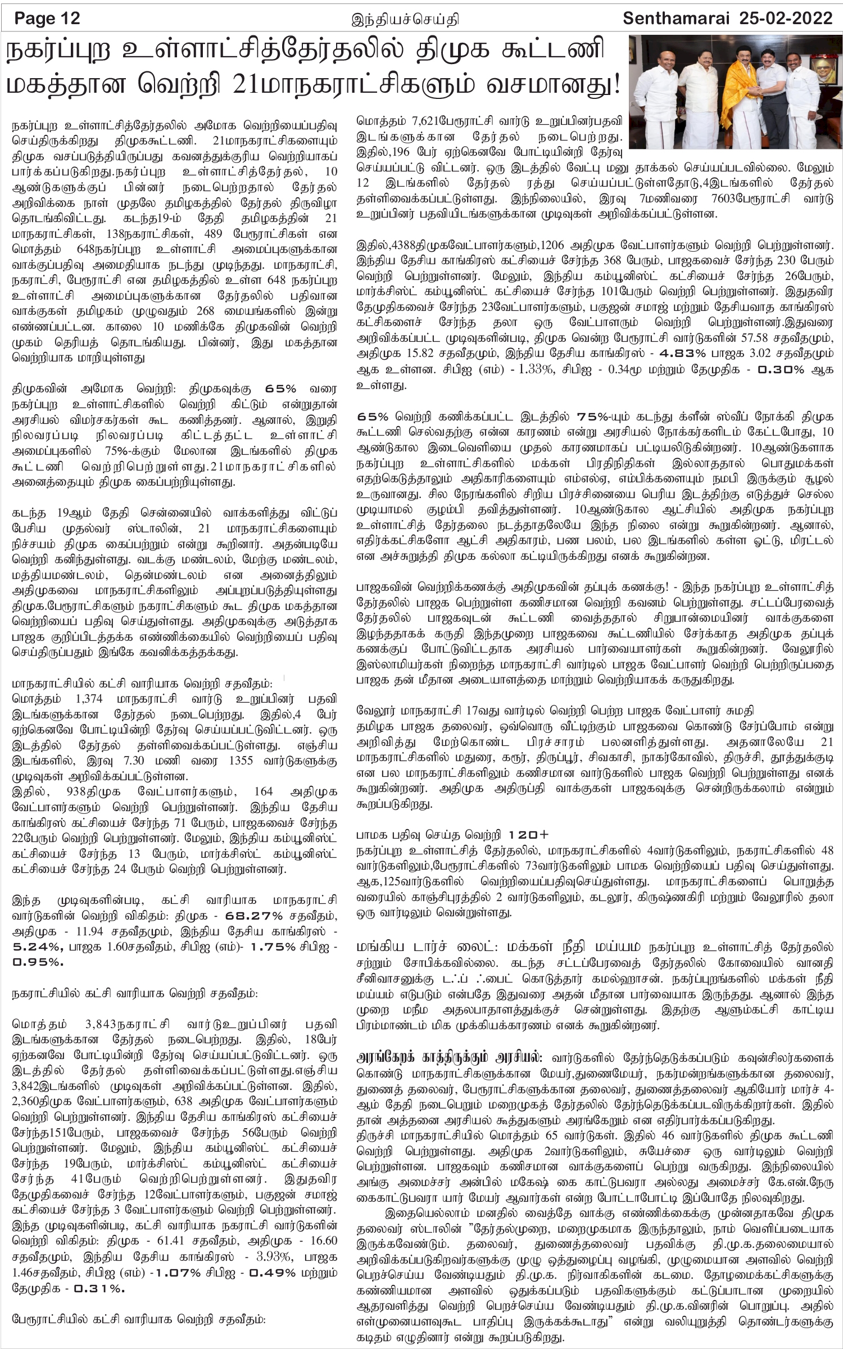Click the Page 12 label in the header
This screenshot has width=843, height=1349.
(x=48, y=19)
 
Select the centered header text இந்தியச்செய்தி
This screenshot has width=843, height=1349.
(x=405, y=20)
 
